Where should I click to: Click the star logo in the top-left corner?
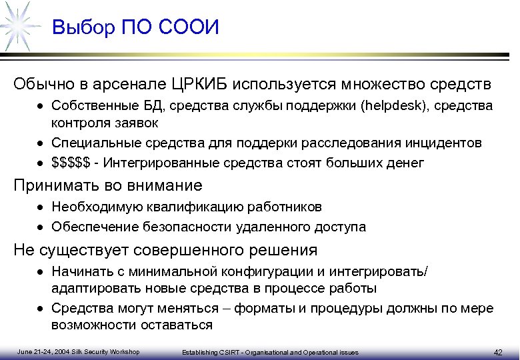coord(19,25)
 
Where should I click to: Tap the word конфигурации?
coord(266,271)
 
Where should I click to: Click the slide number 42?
coord(497,351)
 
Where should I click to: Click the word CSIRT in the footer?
coord(224,352)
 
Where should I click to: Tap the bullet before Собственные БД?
coord(41,106)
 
